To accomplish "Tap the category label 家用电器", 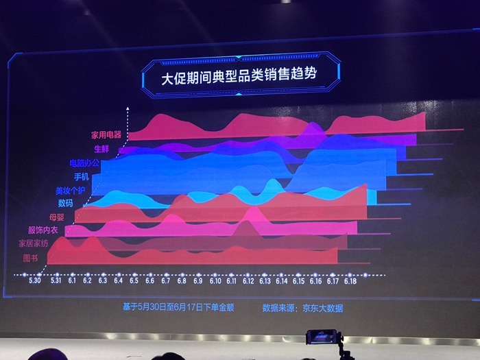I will click(106, 135).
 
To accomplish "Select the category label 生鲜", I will click(101, 149).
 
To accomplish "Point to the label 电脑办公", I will click(84, 163).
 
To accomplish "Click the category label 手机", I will click(82, 177).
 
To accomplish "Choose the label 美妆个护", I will click(71, 190).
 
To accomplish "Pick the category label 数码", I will click(66, 203).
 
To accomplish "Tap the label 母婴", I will click(58, 217).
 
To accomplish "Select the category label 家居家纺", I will click(35, 243).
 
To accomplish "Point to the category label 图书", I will click(30, 257).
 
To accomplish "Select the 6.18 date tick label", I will click(350, 281).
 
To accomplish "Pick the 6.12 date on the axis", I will click(248, 281).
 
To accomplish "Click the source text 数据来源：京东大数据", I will click(302, 308).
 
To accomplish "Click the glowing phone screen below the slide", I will click(322, 337).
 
